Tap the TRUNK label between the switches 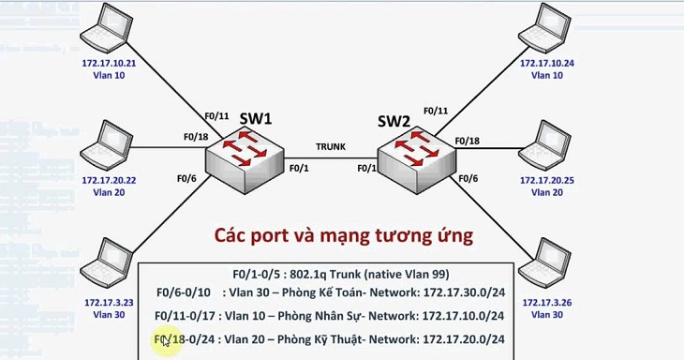click(331, 146)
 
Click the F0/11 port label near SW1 click(216, 115)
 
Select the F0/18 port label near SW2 click(467, 141)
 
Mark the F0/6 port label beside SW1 click(186, 177)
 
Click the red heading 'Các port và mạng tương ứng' click(343, 232)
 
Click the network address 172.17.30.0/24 click(455, 294)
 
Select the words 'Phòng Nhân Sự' click(324, 316)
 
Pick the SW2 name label click(394, 121)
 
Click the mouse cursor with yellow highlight click(166, 340)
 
